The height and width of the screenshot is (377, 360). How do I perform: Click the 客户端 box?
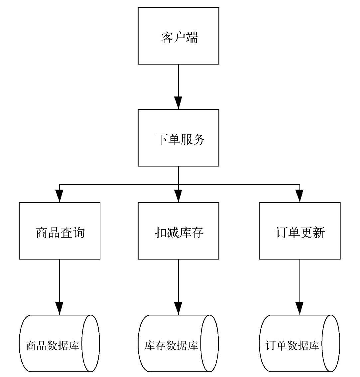tap(178, 36)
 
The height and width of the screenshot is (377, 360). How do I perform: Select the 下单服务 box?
tap(178, 138)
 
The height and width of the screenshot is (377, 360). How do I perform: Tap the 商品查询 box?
tap(60, 231)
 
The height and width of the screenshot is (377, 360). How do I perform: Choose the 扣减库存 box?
tap(178, 231)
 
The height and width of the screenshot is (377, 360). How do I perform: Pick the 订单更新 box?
tap(300, 231)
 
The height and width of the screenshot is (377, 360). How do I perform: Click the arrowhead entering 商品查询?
tap(60, 196)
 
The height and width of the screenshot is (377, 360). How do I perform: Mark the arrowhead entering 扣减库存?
tap(179, 196)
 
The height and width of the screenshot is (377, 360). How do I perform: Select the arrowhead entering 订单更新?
tap(300, 196)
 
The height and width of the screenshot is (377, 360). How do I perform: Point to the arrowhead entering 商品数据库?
tap(60, 308)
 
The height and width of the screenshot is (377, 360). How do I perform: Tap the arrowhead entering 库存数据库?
tap(179, 308)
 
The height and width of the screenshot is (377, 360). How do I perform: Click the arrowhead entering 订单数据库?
tap(300, 308)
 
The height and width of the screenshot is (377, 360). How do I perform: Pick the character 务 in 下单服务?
tap(198, 140)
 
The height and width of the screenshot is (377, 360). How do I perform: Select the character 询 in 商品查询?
tap(79, 233)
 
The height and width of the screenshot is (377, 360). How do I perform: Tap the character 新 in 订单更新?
tap(319, 233)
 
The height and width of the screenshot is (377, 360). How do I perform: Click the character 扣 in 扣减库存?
tap(161, 233)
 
